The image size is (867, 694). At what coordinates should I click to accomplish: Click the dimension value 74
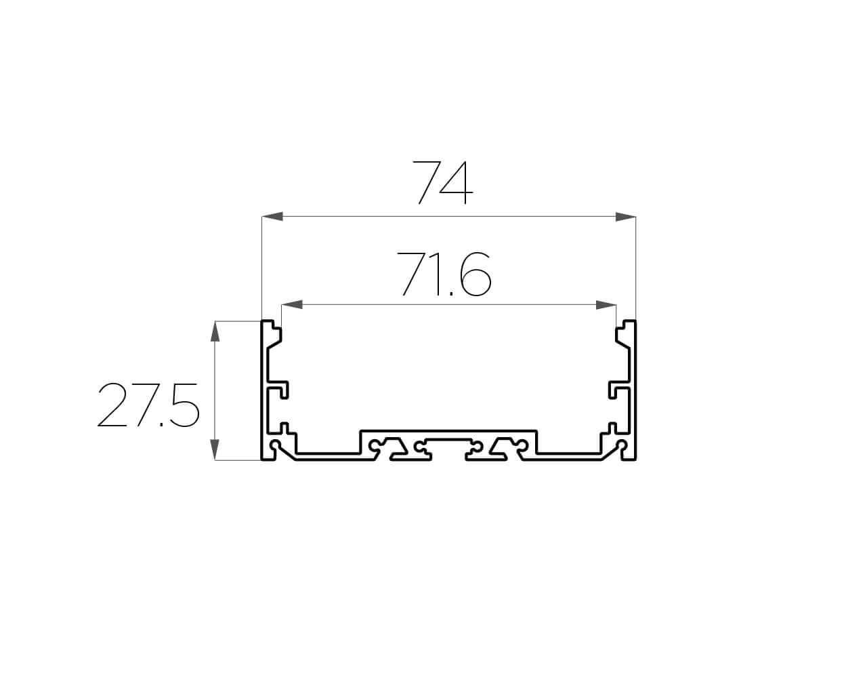[x=442, y=183]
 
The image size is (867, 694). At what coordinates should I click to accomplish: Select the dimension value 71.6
[x=444, y=274]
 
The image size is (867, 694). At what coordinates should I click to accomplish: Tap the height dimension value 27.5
[x=148, y=405]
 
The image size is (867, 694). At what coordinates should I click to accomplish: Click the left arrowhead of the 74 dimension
[x=272, y=217]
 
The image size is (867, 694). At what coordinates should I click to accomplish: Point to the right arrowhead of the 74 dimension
[x=626, y=217]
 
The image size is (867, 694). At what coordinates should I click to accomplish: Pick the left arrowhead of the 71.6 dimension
[x=292, y=304]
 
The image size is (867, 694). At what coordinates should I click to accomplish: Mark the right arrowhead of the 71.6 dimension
[x=606, y=304]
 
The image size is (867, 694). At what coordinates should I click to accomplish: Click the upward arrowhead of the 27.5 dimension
[x=215, y=331]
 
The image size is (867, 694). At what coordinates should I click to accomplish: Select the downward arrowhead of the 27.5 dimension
[x=215, y=449]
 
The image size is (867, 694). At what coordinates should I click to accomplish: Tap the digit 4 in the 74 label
[x=456, y=183]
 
